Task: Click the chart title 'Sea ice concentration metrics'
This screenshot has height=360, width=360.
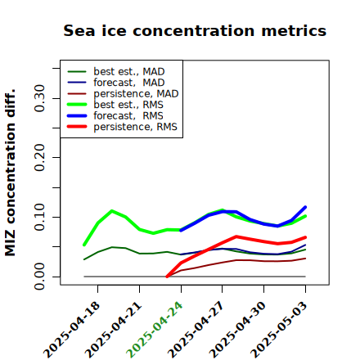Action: click(x=195, y=31)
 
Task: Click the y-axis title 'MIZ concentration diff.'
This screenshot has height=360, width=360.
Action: click(x=10, y=173)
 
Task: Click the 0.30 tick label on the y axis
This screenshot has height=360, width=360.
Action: click(x=39, y=98)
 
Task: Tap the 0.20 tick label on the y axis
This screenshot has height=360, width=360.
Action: click(x=39, y=158)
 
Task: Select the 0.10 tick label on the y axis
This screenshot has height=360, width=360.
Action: click(x=39, y=217)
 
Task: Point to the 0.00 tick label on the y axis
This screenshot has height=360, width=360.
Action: click(x=39, y=277)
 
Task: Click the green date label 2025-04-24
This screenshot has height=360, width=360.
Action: click(x=155, y=330)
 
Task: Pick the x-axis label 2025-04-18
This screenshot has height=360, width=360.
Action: click(x=71, y=330)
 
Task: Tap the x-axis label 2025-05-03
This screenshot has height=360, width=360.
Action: click(x=279, y=330)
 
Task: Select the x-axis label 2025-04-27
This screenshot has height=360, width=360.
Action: click(x=196, y=330)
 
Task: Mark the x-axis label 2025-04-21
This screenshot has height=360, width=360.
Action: click(x=113, y=330)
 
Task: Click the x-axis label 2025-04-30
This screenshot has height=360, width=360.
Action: click(x=237, y=330)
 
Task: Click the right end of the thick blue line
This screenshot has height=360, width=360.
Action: click(x=305, y=207)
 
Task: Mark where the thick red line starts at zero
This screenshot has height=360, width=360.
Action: click(x=167, y=277)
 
